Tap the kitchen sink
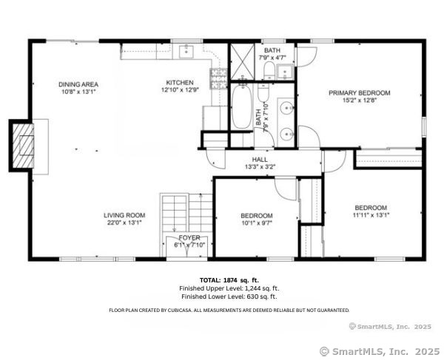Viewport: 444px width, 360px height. [x=186, y=52]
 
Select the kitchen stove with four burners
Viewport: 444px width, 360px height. [x=218, y=78]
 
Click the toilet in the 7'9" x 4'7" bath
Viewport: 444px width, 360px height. [x=268, y=72]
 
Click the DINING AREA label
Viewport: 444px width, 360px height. [x=78, y=84]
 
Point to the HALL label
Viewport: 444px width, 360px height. [x=260, y=160]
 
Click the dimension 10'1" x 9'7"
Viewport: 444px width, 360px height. [x=256, y=224]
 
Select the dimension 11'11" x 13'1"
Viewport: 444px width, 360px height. [x=371, y=215]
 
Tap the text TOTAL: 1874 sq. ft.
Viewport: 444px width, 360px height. [x=229, y=280]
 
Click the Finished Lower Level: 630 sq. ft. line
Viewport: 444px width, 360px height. [x=229, y=296]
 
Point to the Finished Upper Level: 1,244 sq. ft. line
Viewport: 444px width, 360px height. [x=229, y=288]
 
